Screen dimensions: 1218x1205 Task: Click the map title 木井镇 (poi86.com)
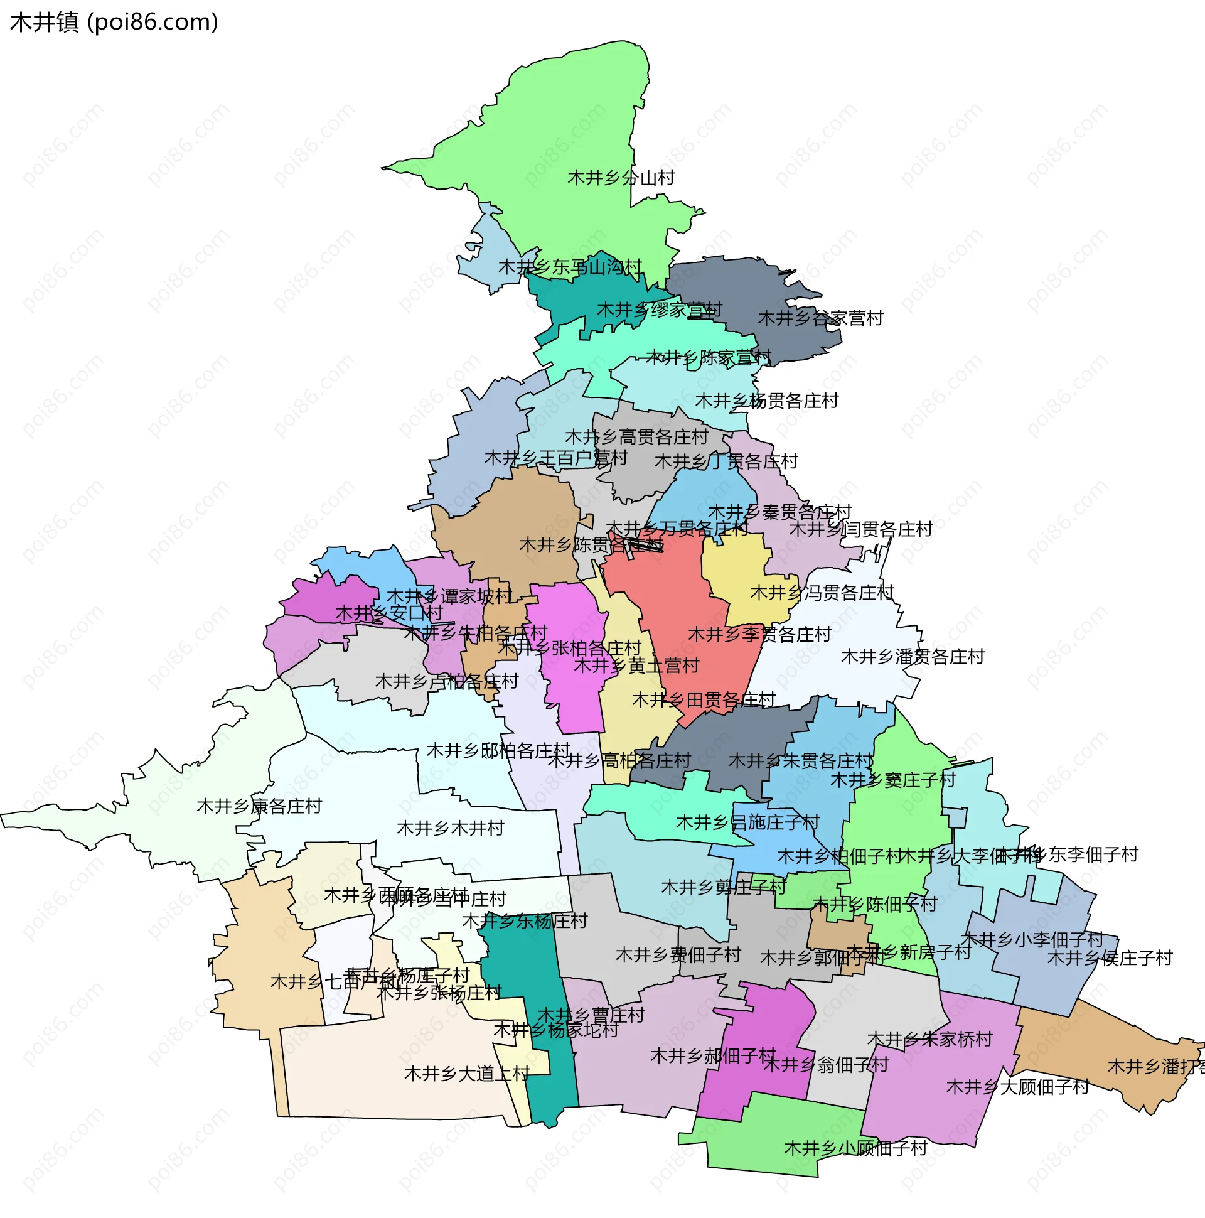click(x=114, y=23)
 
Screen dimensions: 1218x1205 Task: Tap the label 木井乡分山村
click(x=621, y=178)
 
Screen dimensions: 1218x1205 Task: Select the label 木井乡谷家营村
click(x=820, y=318)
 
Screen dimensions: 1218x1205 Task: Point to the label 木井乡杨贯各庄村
click(x=766, y=401)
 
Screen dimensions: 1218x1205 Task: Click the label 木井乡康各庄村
click(x=259, y=806)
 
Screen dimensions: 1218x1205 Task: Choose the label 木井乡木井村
click(x=451, y=828)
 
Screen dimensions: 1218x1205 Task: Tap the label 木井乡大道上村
click(x=467, y=1074)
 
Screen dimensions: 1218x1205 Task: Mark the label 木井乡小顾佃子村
click(x=855, y=1148)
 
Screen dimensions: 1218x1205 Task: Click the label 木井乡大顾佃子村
click(x=1017, y=1087)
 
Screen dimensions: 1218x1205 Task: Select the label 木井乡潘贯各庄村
click(x=913, y=657)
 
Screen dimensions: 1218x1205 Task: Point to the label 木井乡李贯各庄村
click(x=759, y=634)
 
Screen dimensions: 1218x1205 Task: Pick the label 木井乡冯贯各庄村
click(x=822, y=593)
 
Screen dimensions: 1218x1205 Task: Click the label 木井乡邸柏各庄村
click(x=498, y=751)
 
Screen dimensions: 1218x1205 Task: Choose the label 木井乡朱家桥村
click(x=929, y=1039)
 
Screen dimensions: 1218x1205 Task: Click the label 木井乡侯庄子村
click(x=1109, y=958)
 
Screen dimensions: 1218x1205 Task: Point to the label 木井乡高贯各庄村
click(x=636, y=436)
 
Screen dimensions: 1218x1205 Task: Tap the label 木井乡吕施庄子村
click(x=747, y=822)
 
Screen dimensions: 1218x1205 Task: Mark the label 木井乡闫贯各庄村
click(x=860, y=529)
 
